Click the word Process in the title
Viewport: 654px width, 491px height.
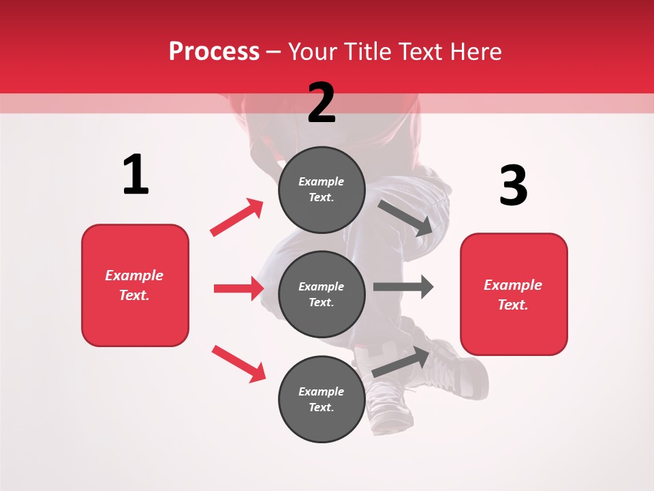point(214,52)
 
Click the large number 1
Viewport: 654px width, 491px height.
point(136,175)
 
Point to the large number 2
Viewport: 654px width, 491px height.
point(322,103)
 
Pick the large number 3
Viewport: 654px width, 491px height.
point(513,185)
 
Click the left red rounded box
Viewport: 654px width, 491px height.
point(135,285)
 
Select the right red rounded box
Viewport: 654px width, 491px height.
point(514,294)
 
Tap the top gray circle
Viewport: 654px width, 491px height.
point(322,190)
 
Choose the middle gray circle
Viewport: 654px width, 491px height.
point(322,294)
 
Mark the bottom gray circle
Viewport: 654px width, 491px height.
point(322,399)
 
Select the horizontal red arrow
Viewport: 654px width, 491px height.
point(238,288)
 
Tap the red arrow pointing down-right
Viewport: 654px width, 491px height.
point(238,363)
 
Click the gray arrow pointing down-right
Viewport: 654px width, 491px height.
point(405,218)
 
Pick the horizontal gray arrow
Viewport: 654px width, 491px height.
point(403,286)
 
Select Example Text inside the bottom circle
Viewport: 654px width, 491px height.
point(322,399)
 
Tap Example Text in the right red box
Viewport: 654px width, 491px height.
point(514,294)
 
